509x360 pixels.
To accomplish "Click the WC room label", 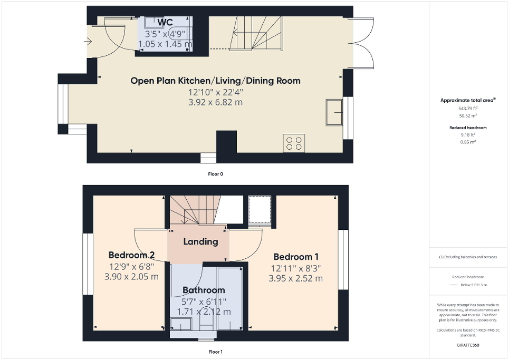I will click(165, 23).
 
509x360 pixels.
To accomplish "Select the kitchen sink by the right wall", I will click(334, 112).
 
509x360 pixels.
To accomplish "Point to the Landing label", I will click(200, 242).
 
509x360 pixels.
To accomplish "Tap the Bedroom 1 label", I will click(295, 257).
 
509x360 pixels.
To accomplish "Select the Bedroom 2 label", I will click(131, 255).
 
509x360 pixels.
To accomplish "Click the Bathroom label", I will click(204, 290).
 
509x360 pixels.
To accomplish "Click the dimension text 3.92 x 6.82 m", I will click(215, 102).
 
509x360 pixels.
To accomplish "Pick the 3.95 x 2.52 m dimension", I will click(295, 278).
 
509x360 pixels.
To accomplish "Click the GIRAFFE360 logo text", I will click(468, 345).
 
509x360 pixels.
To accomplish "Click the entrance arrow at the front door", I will click(88, 42).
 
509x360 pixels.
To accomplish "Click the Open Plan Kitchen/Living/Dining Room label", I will click(215, 81).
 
